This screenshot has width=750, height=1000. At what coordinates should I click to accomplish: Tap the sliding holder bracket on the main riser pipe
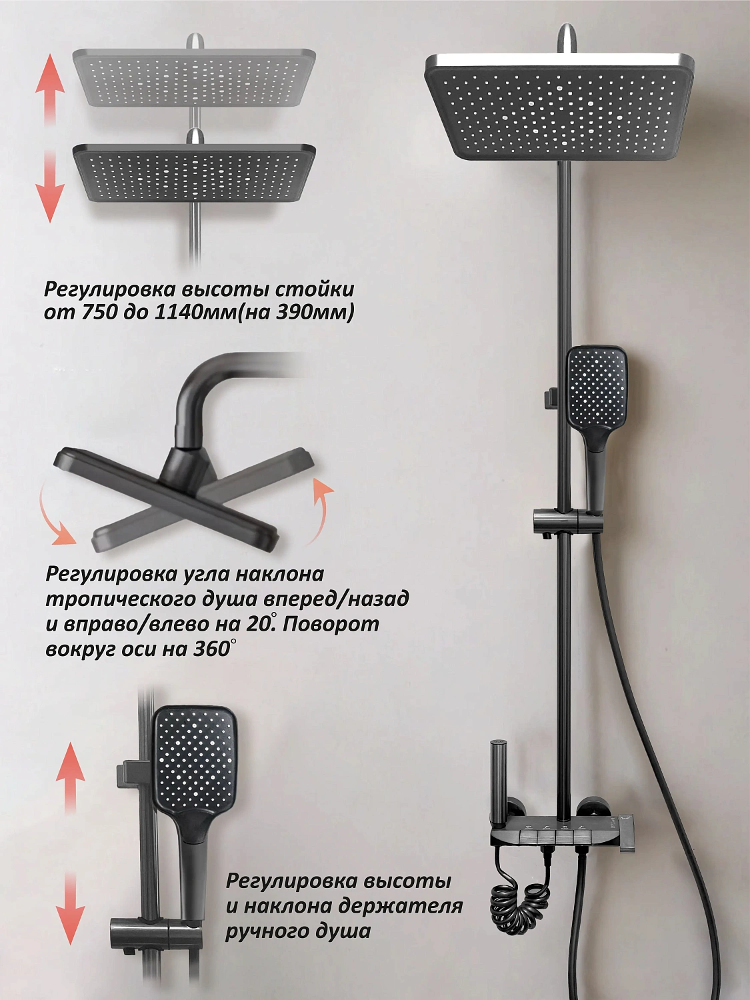(567, 521)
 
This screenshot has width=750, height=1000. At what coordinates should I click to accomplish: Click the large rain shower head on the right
(559, 107)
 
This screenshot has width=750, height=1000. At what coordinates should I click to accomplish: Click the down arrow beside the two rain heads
(49, 185)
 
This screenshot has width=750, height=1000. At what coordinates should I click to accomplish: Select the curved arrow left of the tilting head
(55, 515)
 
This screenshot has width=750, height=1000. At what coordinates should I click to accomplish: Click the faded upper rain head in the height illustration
(194, 77)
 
